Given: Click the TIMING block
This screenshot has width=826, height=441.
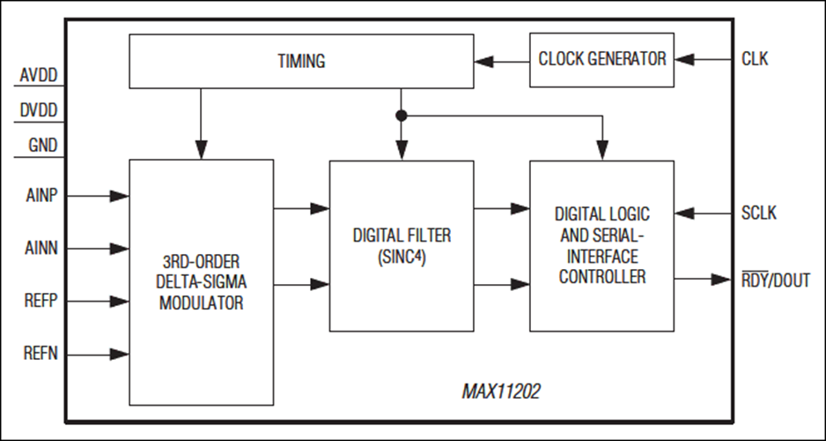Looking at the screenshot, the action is [301, 61].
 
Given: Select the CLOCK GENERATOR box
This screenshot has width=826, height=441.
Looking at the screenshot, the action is [601, 60].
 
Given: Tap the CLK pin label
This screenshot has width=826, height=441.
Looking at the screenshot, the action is [755, 58].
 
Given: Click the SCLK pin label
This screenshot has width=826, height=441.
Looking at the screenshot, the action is [758, 213].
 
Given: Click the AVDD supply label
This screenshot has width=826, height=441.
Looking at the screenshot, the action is [39, 76].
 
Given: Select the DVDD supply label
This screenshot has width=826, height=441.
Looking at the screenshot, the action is [39, 111].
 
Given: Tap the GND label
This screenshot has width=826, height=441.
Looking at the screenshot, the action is [43, 145].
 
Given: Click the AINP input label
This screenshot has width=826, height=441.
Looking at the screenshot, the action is [41, 196].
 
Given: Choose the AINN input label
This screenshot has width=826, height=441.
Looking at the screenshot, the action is [41, 248].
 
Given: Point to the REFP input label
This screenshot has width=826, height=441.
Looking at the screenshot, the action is [41, 301].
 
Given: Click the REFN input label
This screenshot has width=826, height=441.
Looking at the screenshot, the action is [41, 353].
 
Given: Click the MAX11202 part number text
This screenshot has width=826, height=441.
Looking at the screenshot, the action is [501, 392].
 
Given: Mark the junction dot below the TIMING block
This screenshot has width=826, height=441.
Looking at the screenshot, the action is [402, 116].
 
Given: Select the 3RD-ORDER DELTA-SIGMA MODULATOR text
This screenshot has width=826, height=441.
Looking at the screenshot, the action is [202, 282].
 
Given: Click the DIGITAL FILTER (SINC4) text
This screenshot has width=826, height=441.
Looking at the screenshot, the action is [402, 246].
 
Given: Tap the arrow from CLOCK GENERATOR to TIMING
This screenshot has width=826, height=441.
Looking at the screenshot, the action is [502, 62].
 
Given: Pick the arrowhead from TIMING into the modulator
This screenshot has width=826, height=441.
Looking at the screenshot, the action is [201, 150].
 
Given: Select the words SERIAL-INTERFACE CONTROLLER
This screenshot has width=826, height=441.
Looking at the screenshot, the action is [602, 256].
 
